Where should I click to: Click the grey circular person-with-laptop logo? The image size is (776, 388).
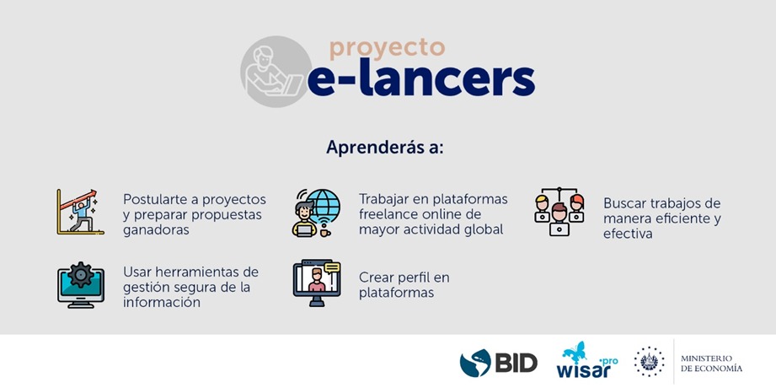point(276,71)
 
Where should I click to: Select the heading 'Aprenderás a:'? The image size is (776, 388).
point(385,147)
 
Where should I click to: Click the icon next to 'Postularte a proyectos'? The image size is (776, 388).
point(79,212)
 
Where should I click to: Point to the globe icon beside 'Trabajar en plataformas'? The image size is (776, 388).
point(317,213)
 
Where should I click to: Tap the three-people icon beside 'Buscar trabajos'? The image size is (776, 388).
point(559,212)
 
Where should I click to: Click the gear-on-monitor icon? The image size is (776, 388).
point(80,285)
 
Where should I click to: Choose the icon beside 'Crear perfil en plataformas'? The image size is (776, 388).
point(317,283)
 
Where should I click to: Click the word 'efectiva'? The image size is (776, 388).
point(628,234)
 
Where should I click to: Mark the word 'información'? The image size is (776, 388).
point(162,302)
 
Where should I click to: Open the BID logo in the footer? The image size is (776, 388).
point(499,362)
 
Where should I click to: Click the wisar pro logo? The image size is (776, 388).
point(586,360)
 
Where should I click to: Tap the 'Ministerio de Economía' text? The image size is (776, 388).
point(711,363)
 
